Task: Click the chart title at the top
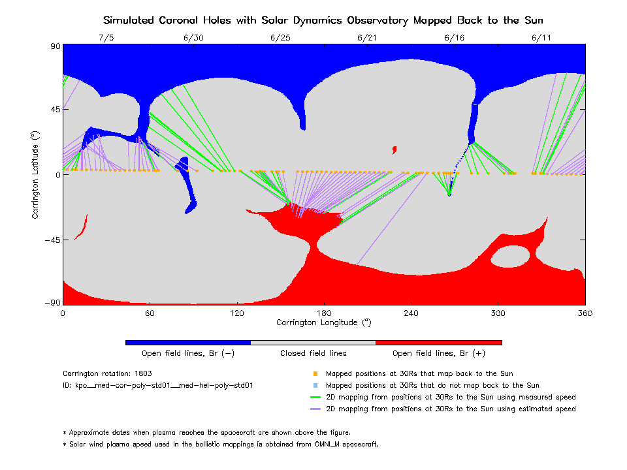323,20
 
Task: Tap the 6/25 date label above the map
280,38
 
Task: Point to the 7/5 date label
106,38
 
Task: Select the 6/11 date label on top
541,38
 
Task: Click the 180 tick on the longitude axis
323,313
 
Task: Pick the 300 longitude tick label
498,313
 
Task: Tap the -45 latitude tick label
51,240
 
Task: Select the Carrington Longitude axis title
323,322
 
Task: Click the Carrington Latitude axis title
35,174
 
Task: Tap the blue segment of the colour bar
187,342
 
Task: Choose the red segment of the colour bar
438,342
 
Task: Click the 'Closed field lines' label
313,353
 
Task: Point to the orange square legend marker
315,374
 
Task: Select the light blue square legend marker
315,386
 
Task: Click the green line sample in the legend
315,398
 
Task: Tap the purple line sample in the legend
315,409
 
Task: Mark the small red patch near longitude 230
394,149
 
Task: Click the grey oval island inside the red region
510,257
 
